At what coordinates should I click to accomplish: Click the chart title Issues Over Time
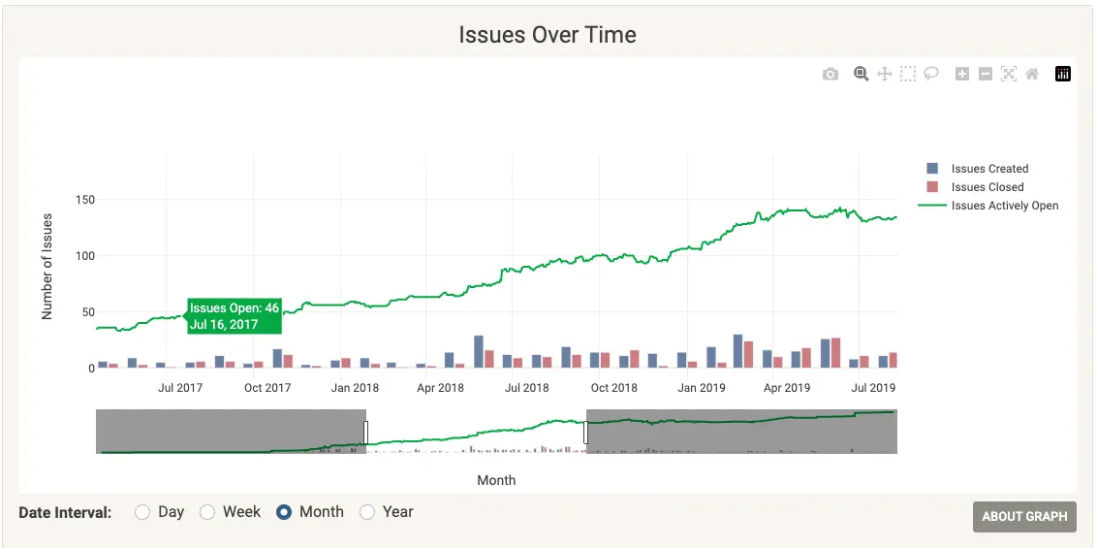coord(548,35)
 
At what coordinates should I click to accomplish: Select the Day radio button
coord(142,512)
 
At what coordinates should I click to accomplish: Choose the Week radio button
coord(207,512)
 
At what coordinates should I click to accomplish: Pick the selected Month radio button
coord(284,512)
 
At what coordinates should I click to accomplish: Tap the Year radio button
coord(367,512)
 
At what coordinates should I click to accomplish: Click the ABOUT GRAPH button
coord(1024,516)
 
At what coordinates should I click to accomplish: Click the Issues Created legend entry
coord(988,169)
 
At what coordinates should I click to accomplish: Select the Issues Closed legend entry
coord(987,187)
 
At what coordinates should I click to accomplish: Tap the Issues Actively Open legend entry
coord(1004,206)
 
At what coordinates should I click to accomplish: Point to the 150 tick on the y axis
coord(84,200)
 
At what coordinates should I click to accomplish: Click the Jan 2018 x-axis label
coord(354,388)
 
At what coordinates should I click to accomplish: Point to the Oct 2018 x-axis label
coord(613,388)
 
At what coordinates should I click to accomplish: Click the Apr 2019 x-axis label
coord(786,388)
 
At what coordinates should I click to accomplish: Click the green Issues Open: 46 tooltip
coord(234,316)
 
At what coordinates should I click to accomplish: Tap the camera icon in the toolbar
coord(831,74)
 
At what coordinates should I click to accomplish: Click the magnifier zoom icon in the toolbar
coord(861,74)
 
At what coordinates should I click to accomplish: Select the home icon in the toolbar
coord(1032,74)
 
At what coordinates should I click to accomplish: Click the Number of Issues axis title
coord(47,267)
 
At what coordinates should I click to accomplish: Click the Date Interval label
coord(65,512)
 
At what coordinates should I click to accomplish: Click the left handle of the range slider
coord(366,432)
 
